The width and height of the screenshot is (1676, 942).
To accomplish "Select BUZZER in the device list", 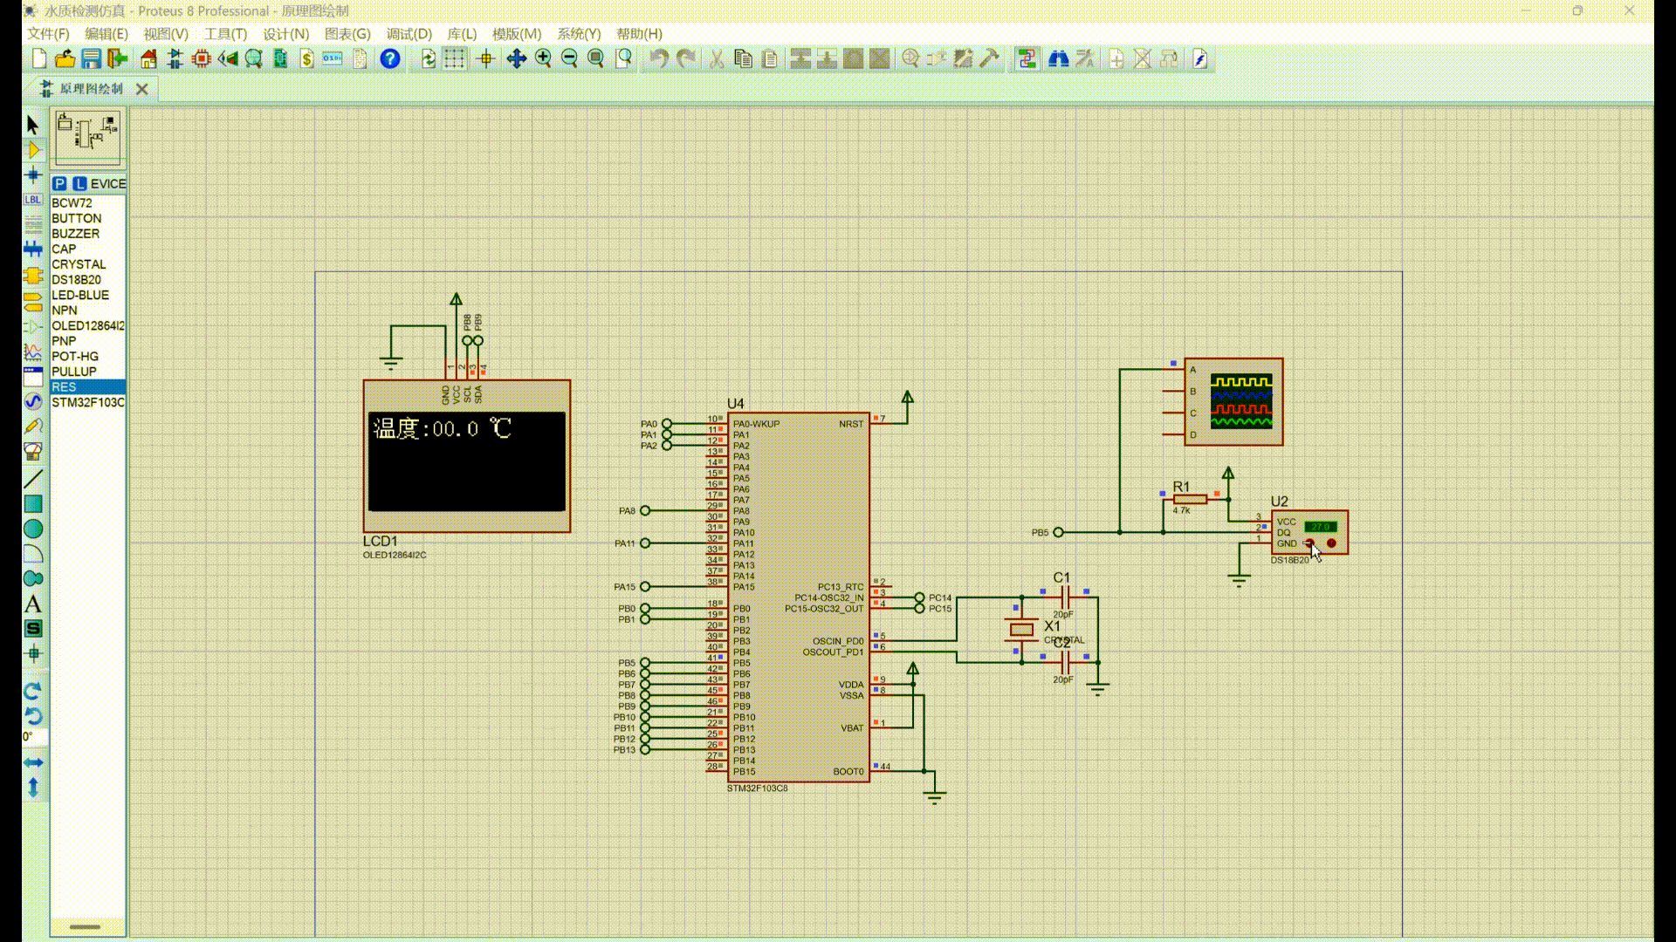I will click(x=75, y=234).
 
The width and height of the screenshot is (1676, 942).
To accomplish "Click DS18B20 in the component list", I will click(x=76, y=280).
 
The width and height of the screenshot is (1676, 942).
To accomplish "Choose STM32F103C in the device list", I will click(x=87, y=402).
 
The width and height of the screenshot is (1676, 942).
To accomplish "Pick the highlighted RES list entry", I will click(x=65, y=387).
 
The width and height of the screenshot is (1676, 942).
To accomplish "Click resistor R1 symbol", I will click(x=1190, y=499).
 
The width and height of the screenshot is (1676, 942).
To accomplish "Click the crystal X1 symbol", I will click(x=1021, y=630).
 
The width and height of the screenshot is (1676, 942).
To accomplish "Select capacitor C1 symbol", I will click(x=1063, y=597).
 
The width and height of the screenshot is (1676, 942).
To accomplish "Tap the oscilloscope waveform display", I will click(x=1241, y=402).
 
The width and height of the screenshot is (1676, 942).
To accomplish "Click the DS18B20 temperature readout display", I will click(x=1320, y=527).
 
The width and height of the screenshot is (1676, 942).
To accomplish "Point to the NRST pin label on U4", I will click(x=850, y=424).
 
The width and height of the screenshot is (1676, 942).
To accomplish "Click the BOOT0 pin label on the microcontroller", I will click(x=848, y=772).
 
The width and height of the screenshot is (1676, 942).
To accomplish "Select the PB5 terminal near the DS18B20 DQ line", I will click(x=1058, y=532).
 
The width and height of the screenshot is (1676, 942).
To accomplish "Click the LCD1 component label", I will click(x=380, y=542).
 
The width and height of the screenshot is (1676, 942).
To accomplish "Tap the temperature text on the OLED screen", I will click(x=441, y=429).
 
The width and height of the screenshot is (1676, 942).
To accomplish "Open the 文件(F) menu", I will click(x=48, y=34).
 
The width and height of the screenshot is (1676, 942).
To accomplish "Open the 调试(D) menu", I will click(x=409, y=34).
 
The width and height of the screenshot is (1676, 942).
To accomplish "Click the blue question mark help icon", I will click(x=390, y=59).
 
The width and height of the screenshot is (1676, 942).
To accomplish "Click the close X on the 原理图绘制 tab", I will click(x=142, y=89).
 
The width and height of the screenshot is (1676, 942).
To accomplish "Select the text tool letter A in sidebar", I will click(x=33, y=604).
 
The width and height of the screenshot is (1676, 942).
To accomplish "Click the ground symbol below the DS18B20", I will click(x=1238, y=579).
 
